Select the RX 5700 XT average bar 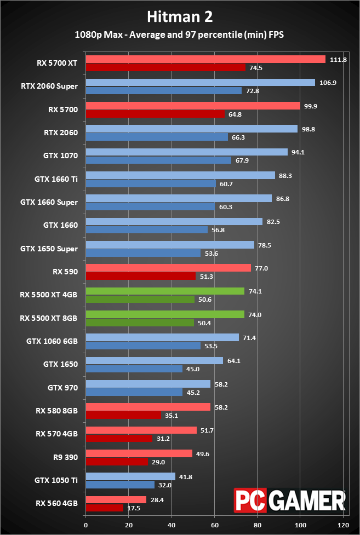pyautogui.click(x=205, y=59)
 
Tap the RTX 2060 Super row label pyautogui.click(x=49, y=86)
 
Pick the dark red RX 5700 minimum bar pyautogui.click(x=155, y=114)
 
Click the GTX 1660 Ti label pyautogui.click(x=56, y=179)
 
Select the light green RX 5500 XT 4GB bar pyautogui.click(x=165, y=291)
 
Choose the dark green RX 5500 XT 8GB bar pyautogui.click(x=140, y=323)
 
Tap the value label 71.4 pyautogui.click(x=249, y=337)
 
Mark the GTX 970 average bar pyautogui.click(x=148, y=384)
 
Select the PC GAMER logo pyautogui.click(x=290, y=500)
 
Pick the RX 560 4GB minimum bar pyautogui.click(x=105, y=508)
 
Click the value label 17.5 pyautogui.click(x=134, y=508)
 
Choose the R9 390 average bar pyautogui.click(x=139, y=453)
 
